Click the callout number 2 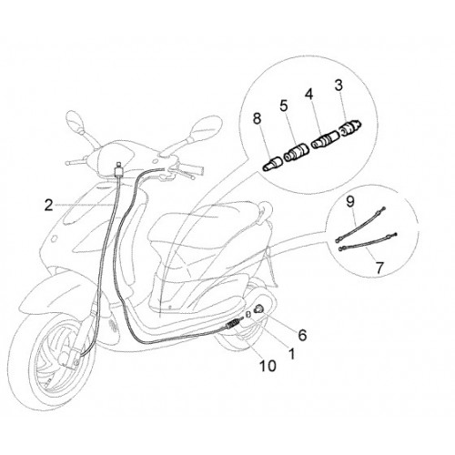coord(48,206)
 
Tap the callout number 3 coord(339,86)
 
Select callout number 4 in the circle coord(308,95)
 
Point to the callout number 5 coord(283,106)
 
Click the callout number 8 coord(257,118)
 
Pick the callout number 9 coord(350,202)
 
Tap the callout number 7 coord(379,268)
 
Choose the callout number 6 coord(302,335)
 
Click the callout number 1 coord(292,353)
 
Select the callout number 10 coord(268,366)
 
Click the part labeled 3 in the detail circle coord(351,127)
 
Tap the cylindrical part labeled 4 coord(326,139)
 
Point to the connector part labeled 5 coord(297,152)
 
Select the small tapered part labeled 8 coord(272,164)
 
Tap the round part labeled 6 coord(260,308)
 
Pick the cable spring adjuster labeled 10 coord(234,323)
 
